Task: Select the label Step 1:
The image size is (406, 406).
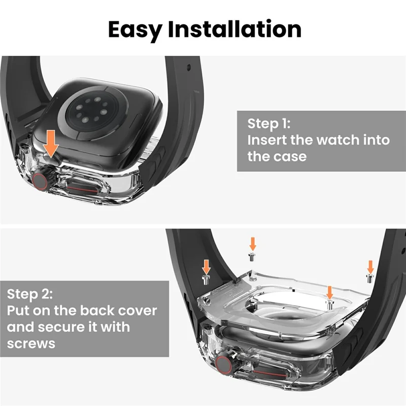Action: point(268,124)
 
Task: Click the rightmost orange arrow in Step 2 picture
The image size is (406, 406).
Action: point(370,266)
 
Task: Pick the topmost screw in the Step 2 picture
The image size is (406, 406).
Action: point(252,256)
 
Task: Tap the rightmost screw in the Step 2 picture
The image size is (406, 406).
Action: point(370,278)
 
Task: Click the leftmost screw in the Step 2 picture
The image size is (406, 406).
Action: point(206,279)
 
